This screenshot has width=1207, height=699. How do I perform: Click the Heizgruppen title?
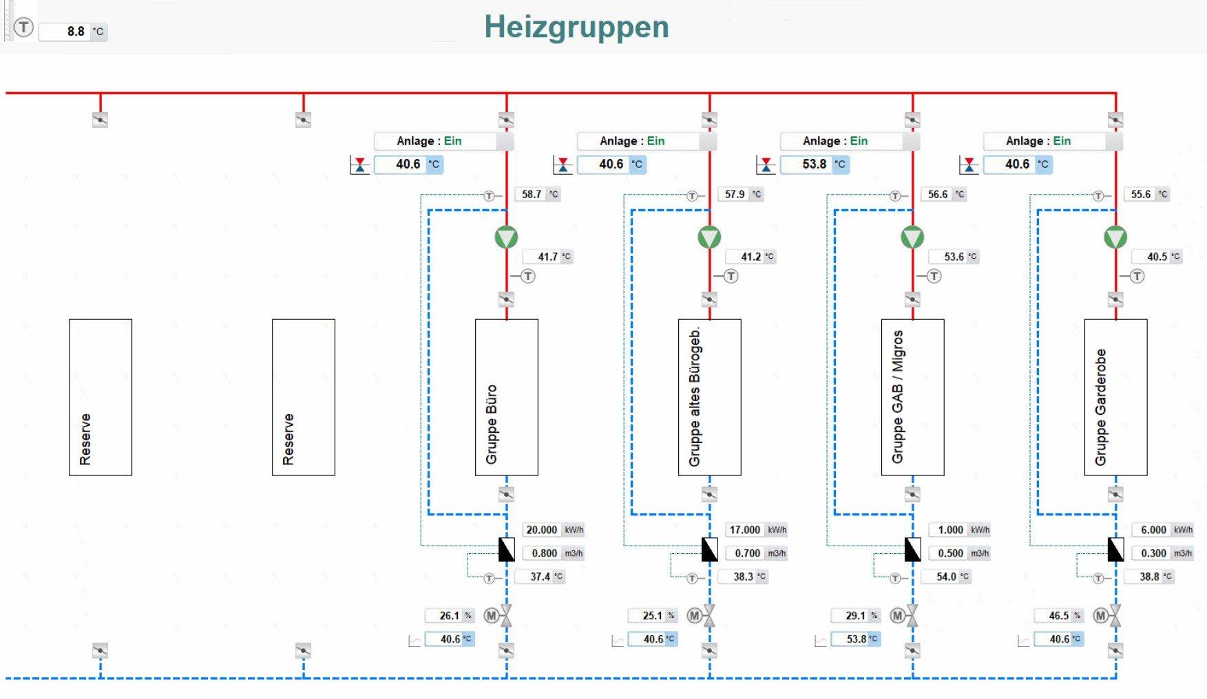pos(576,28)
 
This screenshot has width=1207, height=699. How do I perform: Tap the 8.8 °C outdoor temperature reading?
pos(74,32)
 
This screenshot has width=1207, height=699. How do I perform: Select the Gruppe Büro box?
pos(506,397)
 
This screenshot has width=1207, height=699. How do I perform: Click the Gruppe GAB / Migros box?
pos(912,397)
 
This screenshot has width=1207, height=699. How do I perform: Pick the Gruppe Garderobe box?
pos(1115,397)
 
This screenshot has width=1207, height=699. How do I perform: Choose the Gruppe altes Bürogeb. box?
pos(709,397)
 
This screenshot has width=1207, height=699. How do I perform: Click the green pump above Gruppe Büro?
pos(506,237)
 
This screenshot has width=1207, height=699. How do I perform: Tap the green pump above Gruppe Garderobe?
pos(1115,237)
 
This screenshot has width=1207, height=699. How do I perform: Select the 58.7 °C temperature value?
pos(532,195)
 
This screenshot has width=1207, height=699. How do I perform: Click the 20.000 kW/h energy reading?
pos(542,530)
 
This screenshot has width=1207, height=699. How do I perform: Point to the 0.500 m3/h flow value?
pos(950,553)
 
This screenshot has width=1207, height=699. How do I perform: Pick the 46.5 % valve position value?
pos(1058,616)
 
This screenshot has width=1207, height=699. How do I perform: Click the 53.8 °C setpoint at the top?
pos(814,164)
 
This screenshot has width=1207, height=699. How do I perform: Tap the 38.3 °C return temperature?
pos(743,577)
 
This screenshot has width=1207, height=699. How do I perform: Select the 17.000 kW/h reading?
pos(745,530)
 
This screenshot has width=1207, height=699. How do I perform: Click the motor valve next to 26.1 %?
pos(505,616)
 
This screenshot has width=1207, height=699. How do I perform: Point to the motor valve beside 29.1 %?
pos(912,616)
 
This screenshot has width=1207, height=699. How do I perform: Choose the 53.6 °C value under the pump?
pos(954,257)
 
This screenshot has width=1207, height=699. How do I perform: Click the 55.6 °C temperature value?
pos(1141,195)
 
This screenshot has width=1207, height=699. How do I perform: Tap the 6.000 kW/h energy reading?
pos(1153,530)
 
